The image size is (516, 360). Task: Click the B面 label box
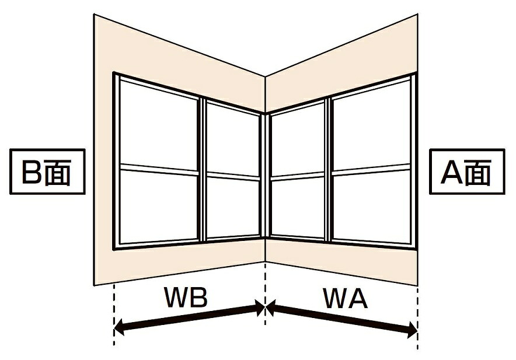click(x=47, y=172)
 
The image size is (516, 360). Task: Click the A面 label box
click(x=467, y=172)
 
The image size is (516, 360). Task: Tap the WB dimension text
click(x=186, y=298)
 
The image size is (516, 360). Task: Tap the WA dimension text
click(x=345, y=298)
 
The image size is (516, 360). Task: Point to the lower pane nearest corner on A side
click(x=298, y=207)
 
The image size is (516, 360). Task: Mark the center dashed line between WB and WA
click(x=265, y=293)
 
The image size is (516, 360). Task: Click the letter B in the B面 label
click(x=32, y=172)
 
